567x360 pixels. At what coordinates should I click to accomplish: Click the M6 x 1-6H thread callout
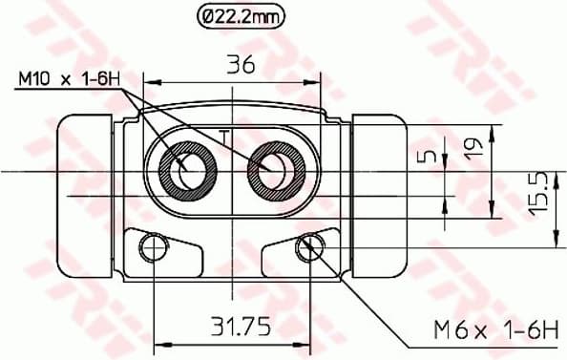pyautogui.click(x=495, y=330)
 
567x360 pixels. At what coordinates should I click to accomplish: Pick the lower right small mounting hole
pyautogui.click(x=307, y=249)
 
